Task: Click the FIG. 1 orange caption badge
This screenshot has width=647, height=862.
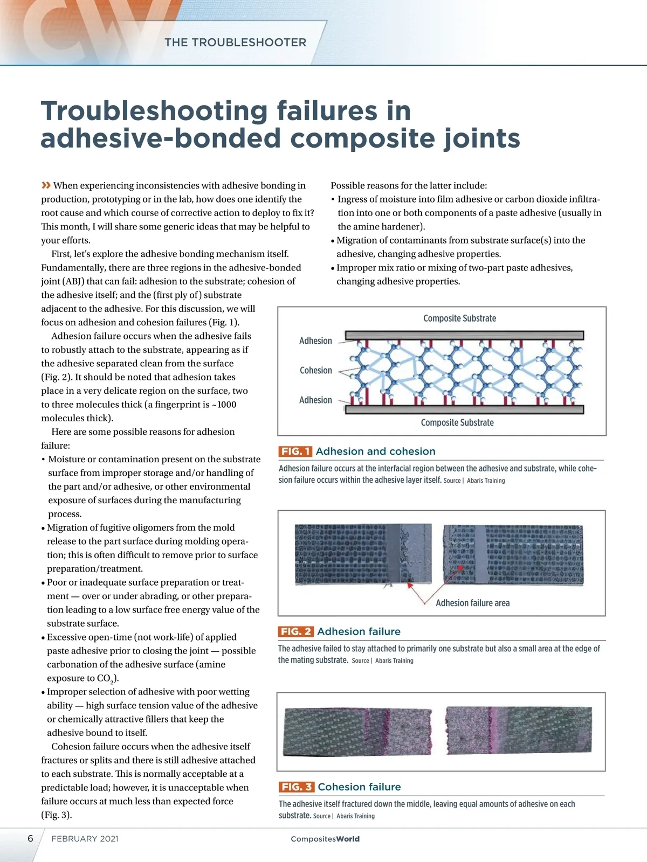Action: point(295,451)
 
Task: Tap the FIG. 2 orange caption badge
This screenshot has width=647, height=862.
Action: point(295,631)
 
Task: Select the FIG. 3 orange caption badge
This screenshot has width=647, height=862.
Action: point(296,787)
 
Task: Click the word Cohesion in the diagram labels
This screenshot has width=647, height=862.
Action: point(316,371)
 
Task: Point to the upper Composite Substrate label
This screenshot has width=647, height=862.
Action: point(459,318)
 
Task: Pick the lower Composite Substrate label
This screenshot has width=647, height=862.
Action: point(457,423)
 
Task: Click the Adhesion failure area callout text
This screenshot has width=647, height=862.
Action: point(472,603)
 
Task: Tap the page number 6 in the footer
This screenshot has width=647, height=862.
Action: point(30,839)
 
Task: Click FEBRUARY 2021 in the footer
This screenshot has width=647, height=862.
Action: point(85,839)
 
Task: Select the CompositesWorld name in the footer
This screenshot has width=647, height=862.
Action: point(325,839)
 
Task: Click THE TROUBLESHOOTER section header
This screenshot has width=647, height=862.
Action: point(235,43)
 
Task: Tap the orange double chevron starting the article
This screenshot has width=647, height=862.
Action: point(46,185)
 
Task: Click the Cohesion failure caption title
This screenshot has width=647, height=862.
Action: point(359,787)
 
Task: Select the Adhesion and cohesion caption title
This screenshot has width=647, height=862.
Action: point(375,451)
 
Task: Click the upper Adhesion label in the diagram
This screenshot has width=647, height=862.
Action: point(315,341)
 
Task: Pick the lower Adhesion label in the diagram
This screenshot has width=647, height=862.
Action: point(315,400)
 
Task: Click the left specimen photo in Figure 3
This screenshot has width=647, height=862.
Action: point(357,732)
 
